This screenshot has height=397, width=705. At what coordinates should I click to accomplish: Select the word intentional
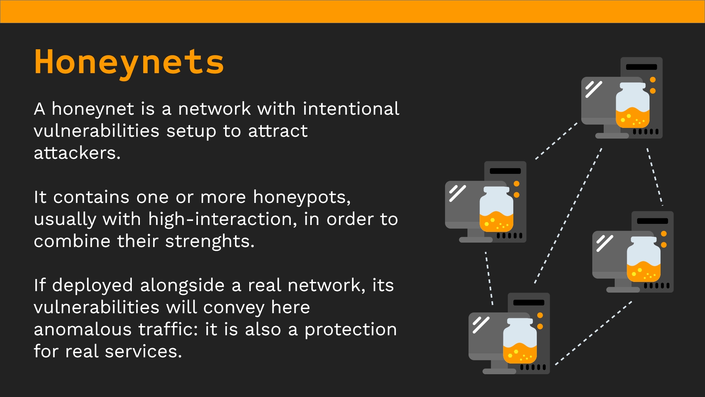point(351,109)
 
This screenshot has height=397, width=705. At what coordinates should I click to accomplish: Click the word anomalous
point(83,329)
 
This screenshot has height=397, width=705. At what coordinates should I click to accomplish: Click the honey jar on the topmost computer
point(633,105)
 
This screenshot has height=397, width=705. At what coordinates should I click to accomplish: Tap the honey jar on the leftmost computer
point(496,209)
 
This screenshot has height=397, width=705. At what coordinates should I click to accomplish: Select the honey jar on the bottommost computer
point(520,341)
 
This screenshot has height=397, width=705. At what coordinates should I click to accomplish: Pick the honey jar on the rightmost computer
point(644,259)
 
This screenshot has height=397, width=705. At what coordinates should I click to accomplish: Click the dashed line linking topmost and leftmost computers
point(556,141)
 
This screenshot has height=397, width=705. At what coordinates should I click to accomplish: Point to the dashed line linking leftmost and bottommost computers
point(489,278)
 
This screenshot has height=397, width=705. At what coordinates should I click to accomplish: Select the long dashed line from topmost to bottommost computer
point(568,216)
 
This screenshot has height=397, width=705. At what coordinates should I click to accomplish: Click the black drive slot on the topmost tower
point(641,67)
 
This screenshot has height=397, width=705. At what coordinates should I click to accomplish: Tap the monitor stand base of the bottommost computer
point(499,372)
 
